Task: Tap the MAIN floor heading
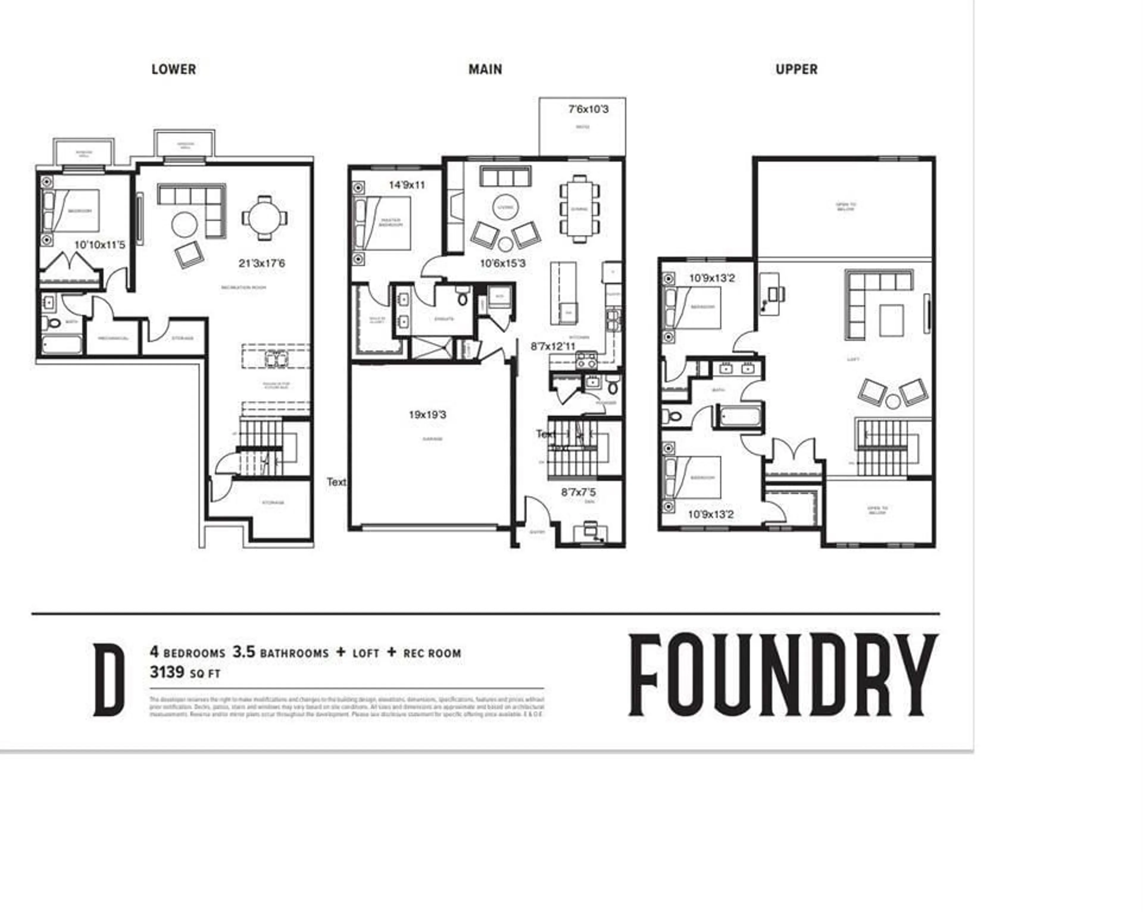485,69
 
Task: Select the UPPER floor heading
796,69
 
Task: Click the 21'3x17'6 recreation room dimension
262,263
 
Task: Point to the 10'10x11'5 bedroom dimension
100,245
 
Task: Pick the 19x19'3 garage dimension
427,415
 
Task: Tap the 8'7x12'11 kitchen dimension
553,347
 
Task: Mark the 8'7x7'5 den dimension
578,492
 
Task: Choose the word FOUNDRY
783,675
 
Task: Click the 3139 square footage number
167,673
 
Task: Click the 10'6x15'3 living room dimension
502,263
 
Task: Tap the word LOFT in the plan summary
366,654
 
